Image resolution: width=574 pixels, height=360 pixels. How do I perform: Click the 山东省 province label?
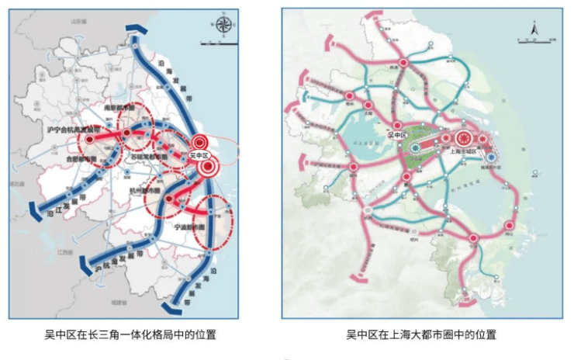[77, 23]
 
